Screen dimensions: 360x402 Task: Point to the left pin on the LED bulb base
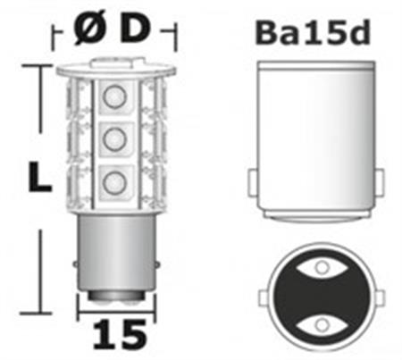click(75, 263)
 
